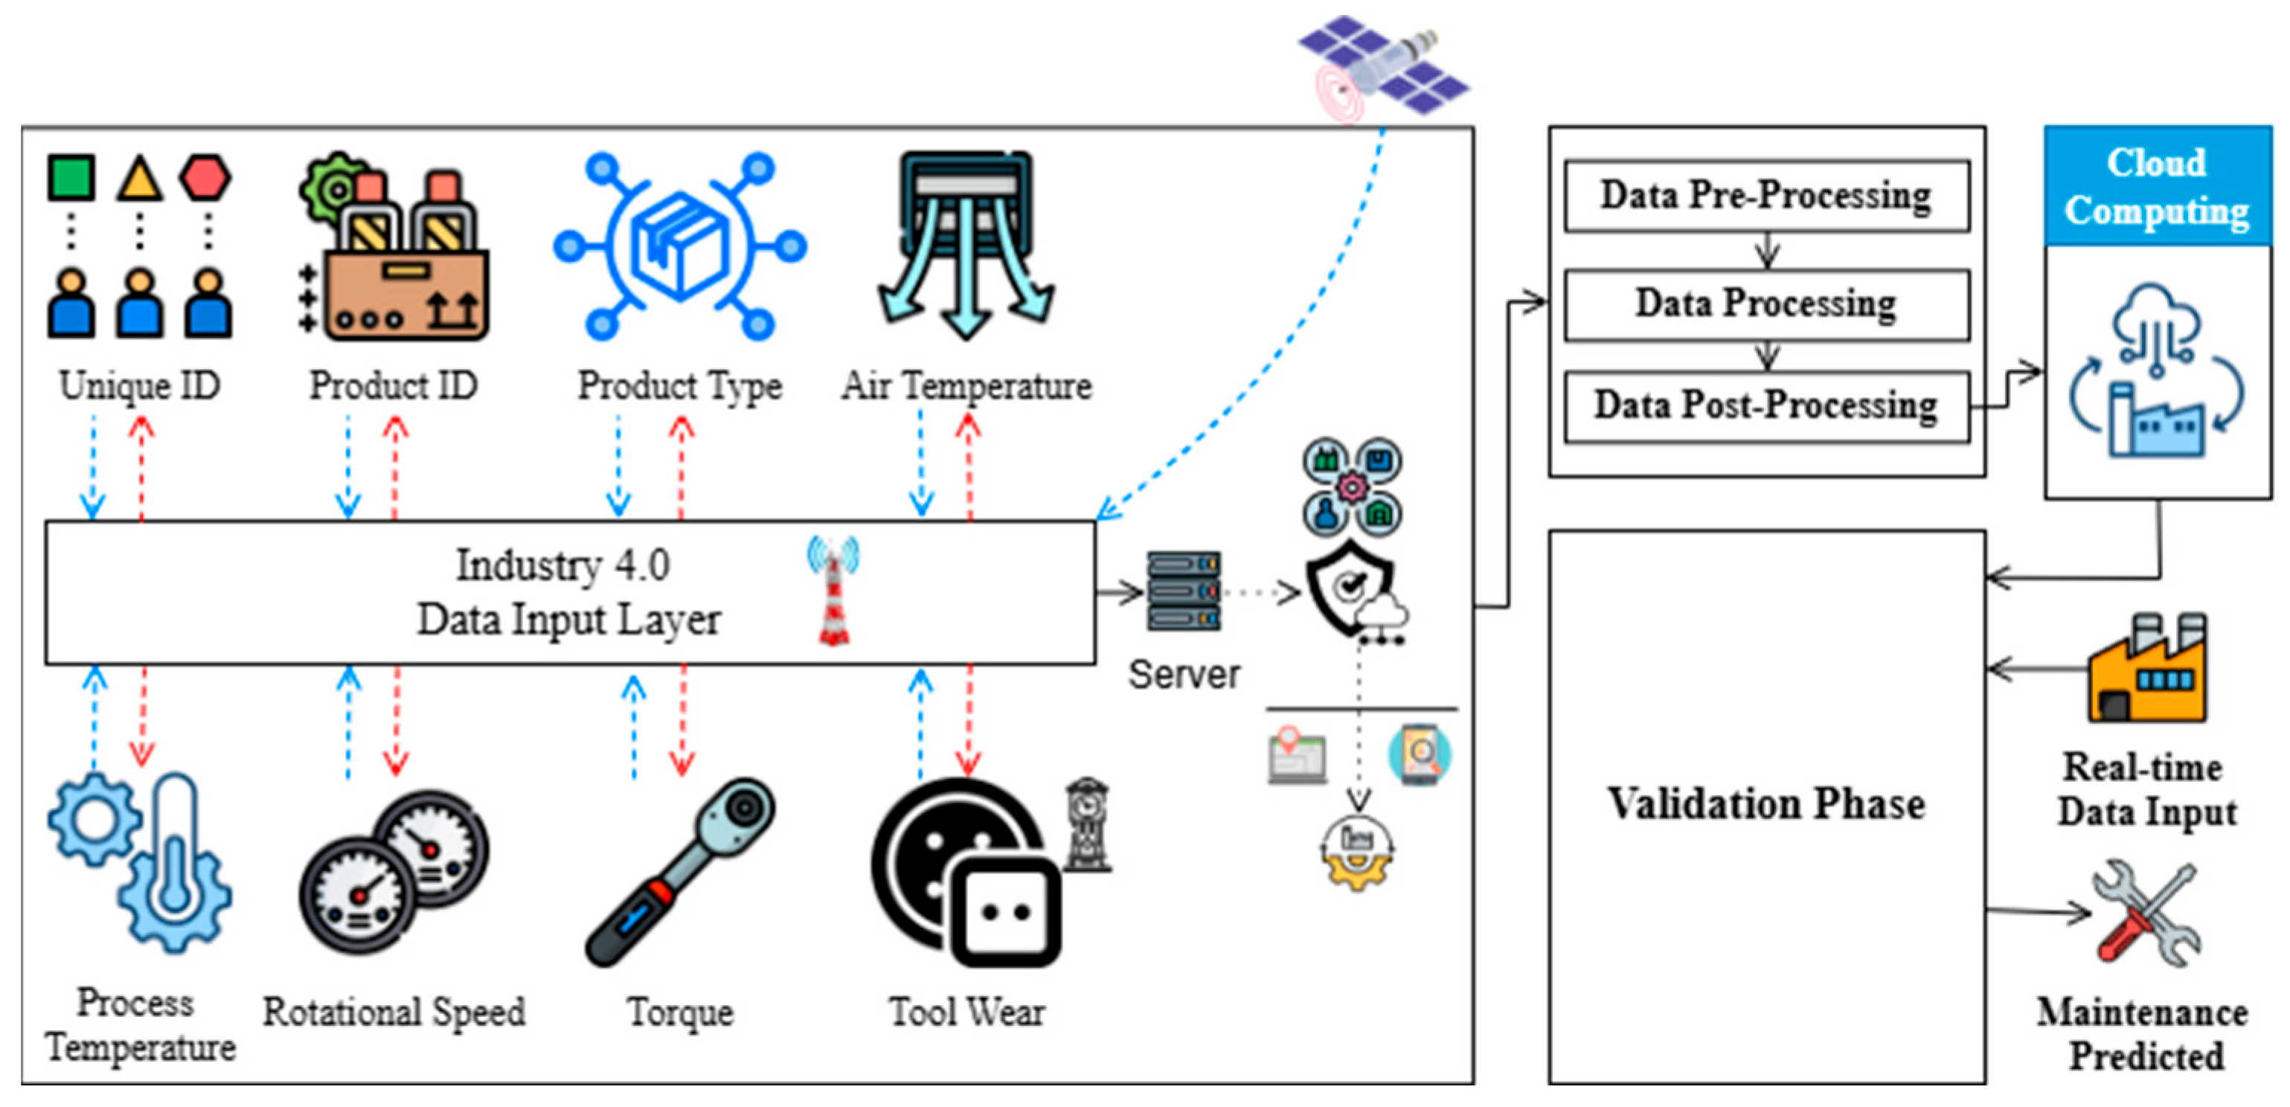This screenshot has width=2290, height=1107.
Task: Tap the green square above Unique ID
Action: point(71,177)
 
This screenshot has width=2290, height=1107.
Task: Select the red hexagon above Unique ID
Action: point(205,177)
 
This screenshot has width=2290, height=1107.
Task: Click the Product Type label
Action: point(680,386)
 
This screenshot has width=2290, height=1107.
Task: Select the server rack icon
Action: point(1183,591)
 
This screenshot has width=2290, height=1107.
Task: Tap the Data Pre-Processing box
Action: point(1766,196)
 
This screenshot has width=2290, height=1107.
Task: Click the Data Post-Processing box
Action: point(1766,405)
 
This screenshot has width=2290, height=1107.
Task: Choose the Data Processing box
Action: point(1766,304)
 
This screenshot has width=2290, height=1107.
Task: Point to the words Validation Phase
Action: point(1766,803)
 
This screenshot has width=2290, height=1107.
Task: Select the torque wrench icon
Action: point(680,873)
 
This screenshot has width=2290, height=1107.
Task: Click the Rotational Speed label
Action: point(394,1012)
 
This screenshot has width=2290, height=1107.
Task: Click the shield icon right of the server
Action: point(1350,587)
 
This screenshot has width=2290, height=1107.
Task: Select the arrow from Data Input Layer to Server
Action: point(1120,592)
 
